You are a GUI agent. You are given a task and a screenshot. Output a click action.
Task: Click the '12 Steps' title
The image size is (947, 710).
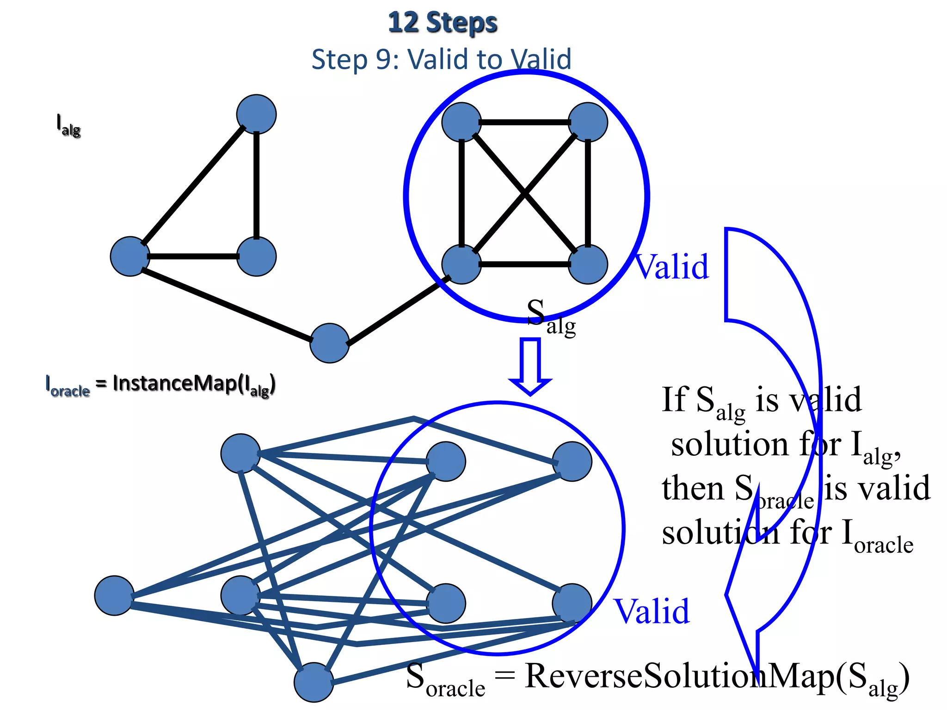coord(443,23)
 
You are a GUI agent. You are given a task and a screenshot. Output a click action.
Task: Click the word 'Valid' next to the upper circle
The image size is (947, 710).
coord(671,267)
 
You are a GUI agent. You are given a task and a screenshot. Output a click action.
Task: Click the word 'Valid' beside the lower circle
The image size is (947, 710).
coord(652,612)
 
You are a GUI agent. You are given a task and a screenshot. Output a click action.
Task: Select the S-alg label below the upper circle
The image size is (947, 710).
coord(550,317)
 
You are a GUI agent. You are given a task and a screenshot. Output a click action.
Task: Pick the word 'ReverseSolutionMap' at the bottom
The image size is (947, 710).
coord(679,676)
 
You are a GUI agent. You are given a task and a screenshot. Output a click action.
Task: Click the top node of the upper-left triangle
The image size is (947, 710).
coord(256,114)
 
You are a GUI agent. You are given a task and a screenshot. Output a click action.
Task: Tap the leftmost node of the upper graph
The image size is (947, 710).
coord(130,257)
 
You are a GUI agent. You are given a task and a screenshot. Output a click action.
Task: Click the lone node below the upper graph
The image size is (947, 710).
coord(329,343)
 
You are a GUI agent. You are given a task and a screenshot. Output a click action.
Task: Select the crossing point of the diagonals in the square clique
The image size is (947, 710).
coord(524,194)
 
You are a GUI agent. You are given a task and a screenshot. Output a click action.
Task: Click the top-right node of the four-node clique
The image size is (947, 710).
coord(588,122)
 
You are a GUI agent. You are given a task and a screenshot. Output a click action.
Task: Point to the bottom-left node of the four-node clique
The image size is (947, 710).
coord(461,264)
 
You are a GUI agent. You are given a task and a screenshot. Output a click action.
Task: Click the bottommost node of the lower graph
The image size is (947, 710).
coord(314,682)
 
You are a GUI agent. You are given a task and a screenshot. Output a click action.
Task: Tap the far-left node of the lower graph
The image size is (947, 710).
coord(114,595)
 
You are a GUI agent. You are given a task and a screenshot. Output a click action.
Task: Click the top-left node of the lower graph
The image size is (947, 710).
coord(240,453)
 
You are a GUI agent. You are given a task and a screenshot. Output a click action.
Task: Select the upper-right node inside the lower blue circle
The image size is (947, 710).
coord(572,461)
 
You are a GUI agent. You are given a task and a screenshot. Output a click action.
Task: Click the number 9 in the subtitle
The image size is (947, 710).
coord(384,60)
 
